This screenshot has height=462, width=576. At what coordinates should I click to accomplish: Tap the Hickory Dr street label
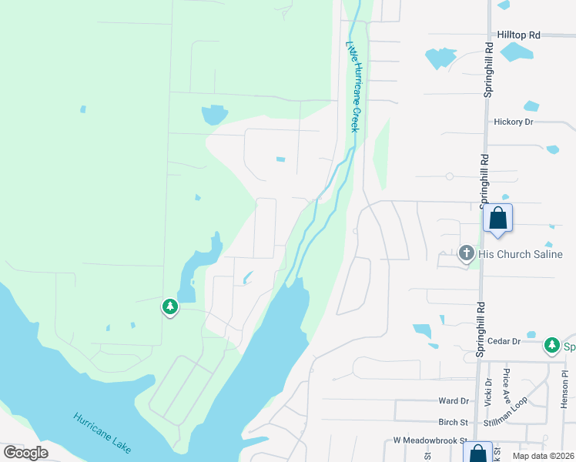pos(514,122)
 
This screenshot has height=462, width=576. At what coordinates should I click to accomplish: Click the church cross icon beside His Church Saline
pos(465,253)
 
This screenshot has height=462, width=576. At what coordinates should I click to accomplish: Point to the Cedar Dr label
pos(505,340)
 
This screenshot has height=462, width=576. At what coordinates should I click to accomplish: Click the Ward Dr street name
pos(454,401)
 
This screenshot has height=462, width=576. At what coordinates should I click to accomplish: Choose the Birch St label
pos(454,422)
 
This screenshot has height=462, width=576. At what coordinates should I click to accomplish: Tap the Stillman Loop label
pos(505,422)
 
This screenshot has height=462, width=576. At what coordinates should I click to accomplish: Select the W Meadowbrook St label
pos(430,440)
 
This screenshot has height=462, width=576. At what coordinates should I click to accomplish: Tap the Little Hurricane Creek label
pos(353,86)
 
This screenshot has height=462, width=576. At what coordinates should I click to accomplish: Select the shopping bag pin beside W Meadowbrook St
pos(477,454)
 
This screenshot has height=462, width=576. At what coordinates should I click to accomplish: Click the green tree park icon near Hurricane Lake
pos(169,307)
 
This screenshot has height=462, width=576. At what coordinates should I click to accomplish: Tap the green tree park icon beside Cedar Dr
pos(551,345)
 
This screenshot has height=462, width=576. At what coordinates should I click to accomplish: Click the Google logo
pos(25,453)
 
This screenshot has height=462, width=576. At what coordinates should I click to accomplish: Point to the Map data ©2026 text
pos(543,456)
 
